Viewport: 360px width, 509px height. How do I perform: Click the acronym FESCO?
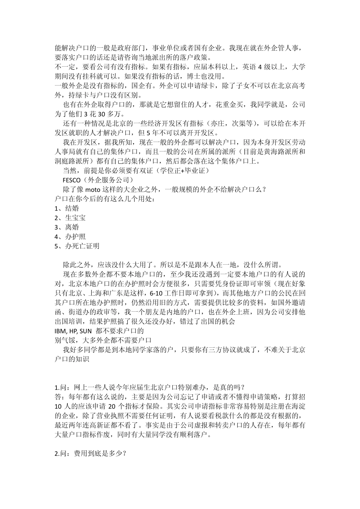click(71, 180)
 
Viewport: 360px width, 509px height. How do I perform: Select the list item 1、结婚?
click(67, 208)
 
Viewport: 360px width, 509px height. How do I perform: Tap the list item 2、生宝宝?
click(70, 218)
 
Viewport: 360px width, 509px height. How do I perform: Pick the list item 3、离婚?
click(67, 227)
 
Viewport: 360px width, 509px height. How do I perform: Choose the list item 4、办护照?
click(70, 237)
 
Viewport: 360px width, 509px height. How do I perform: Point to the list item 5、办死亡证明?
click(77, 246)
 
